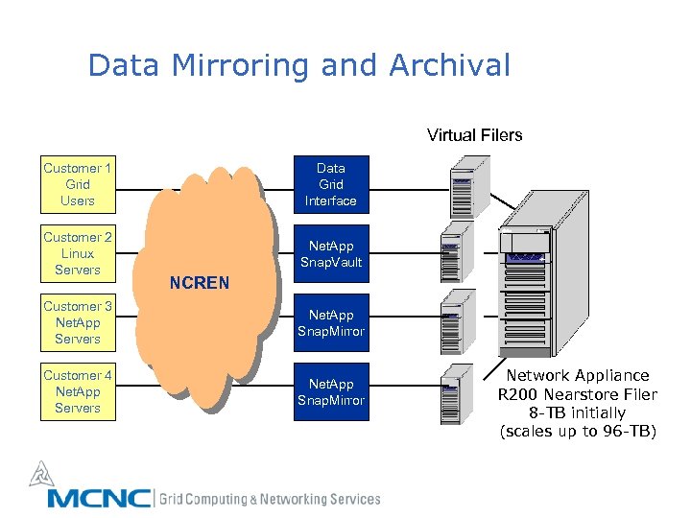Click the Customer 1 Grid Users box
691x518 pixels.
[78, 184]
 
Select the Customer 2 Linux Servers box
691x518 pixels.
[78, 253]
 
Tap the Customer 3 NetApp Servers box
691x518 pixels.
[78, 322]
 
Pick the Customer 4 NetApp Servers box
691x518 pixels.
[78, 391]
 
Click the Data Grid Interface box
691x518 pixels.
[331, 184]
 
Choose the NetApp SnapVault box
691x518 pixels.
[331, 253]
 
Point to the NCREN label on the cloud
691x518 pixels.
[199, 283]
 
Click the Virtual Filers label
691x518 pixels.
[474, 135]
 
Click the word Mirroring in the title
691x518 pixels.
[246, 66]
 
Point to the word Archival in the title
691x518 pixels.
[449, 66]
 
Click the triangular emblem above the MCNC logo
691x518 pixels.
[39, 473]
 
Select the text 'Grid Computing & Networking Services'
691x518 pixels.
[270, 499]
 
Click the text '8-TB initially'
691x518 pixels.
[578, 412]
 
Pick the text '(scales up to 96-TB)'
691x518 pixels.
[578, 431]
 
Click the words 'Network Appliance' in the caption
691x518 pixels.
[578, 376]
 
